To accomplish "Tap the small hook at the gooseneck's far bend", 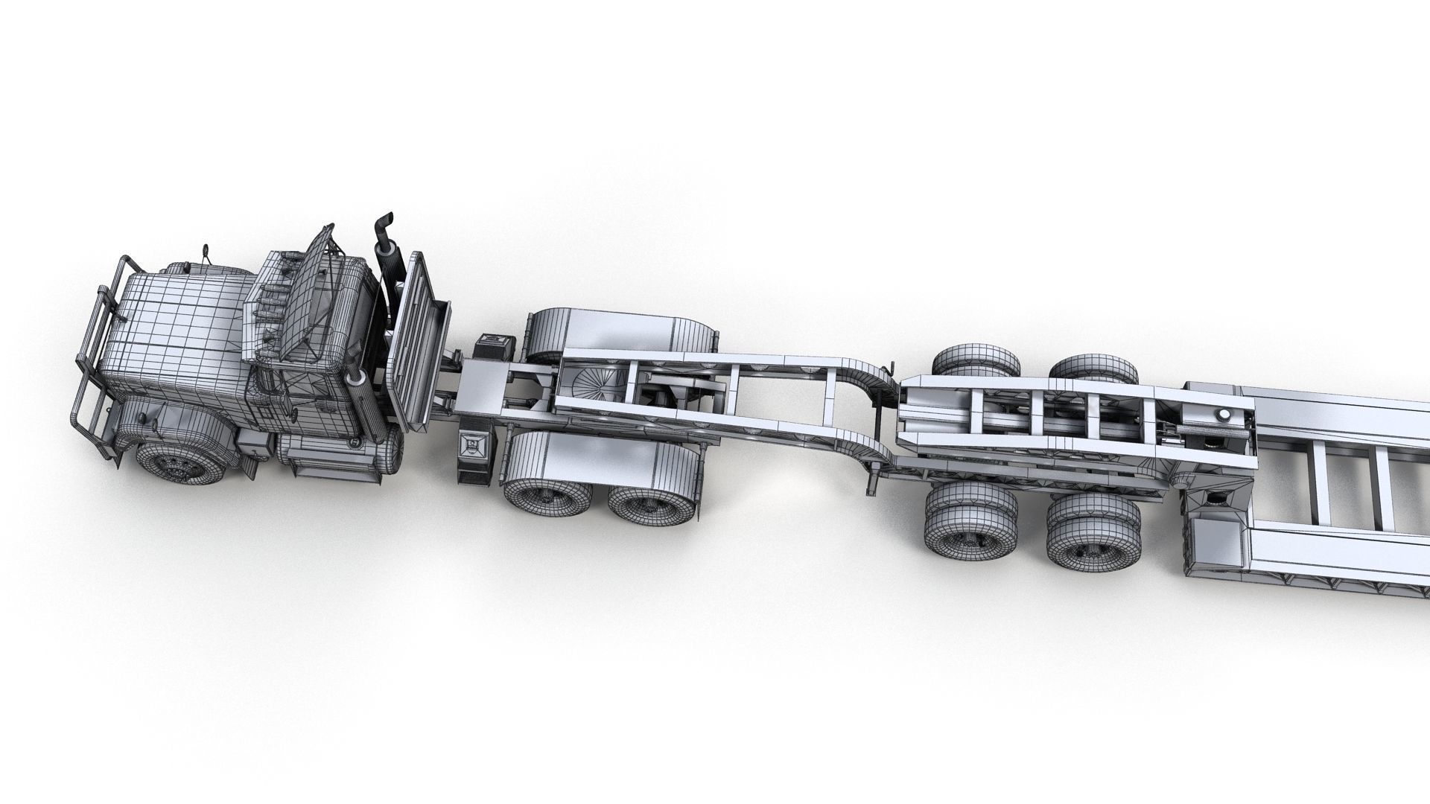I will pos(888,368).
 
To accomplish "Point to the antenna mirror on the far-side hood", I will pos(203,253).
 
